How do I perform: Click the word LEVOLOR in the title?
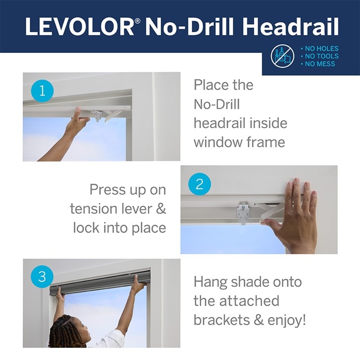click(x=79, y=26)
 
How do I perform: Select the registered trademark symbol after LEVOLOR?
click(x=137, y=21)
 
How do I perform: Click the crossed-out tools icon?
click(x=282, y=56)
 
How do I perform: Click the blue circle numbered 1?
click(x=42, y=90)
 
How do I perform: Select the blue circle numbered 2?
click(x=199, y=184)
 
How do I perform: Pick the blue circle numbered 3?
click(x=42, y=276)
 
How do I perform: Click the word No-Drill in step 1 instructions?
click(x=217, y=104)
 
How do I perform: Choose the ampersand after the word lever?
click(x=161, y=209)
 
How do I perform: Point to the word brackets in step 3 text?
click(x=222, y=320)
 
